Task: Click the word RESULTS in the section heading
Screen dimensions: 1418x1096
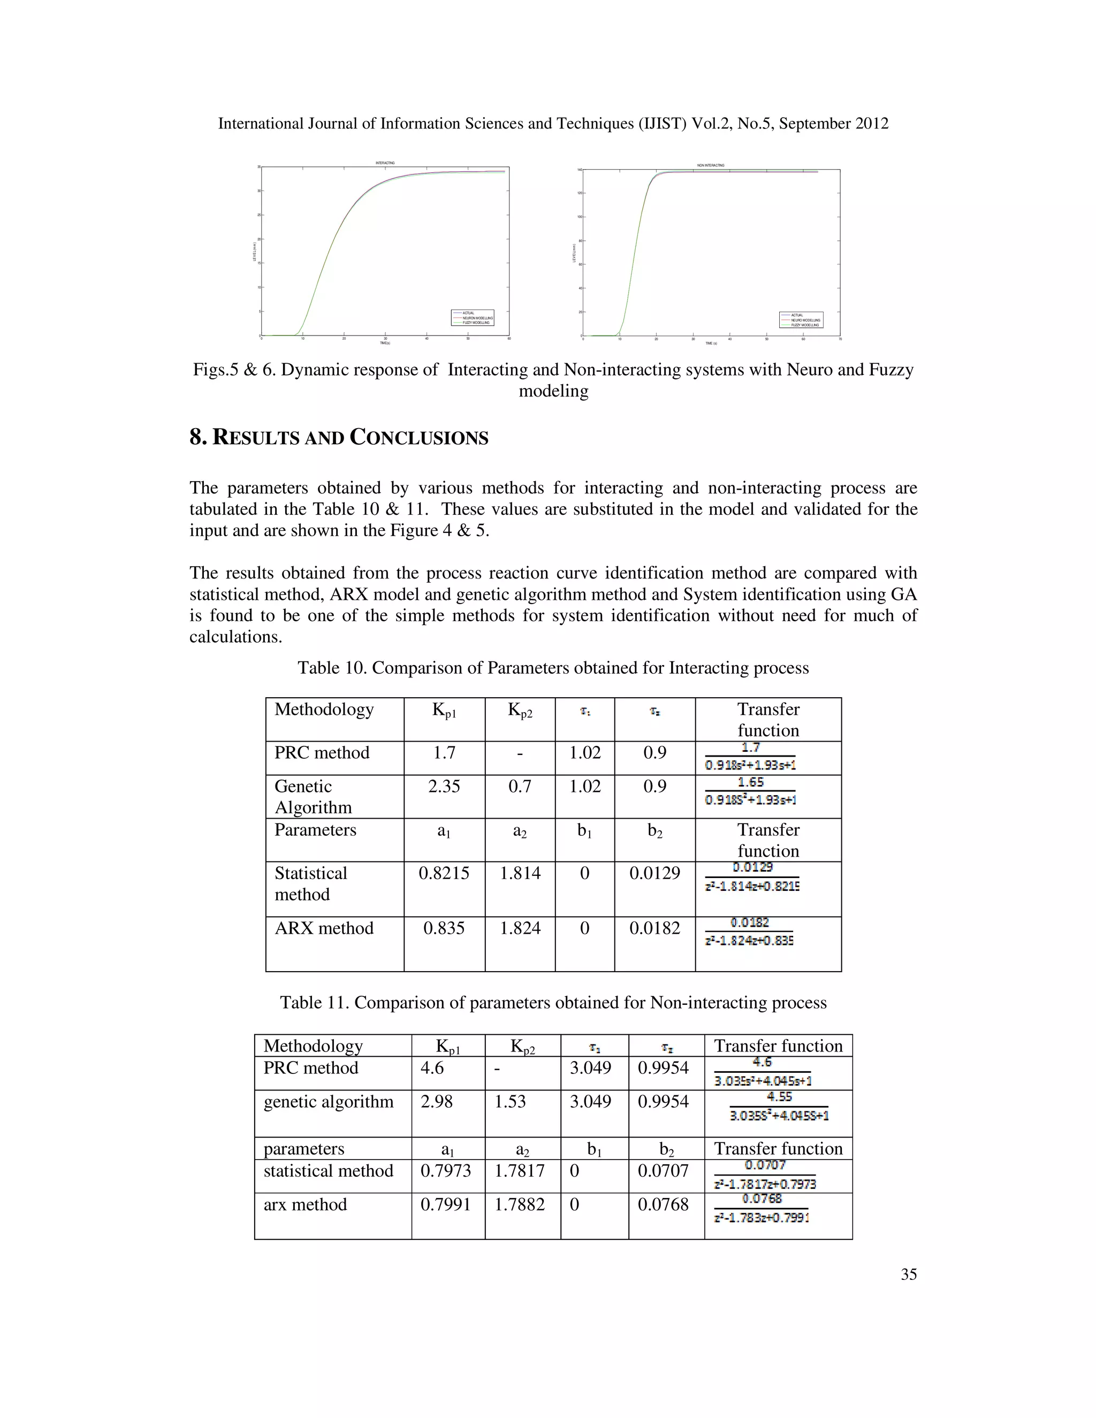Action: tap(257, 438)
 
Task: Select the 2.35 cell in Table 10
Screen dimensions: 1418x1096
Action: tap(444, 786)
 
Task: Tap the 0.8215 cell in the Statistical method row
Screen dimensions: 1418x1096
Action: tap(444, 873)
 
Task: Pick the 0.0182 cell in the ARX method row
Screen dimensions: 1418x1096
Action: tap(654, 928)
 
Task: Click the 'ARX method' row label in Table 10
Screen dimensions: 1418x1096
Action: tap(324, 928)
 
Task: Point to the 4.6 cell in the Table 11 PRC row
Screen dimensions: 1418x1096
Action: tap(432, 1068)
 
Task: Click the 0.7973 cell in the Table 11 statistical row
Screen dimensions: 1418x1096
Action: tap(445, 1171)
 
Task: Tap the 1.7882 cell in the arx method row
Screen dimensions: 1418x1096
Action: tap(520, 1204)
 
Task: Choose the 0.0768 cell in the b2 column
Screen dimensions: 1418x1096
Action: tap(663, 1204)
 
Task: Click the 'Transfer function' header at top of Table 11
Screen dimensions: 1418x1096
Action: tap(778, 1046)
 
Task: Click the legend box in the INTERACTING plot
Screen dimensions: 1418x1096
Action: tap(473, 317)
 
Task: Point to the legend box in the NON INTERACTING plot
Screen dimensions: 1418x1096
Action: tap(801, 319)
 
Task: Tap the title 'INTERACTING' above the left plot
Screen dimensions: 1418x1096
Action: tap(385, 163)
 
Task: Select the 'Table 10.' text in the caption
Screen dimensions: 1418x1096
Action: tap(331, 668)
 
